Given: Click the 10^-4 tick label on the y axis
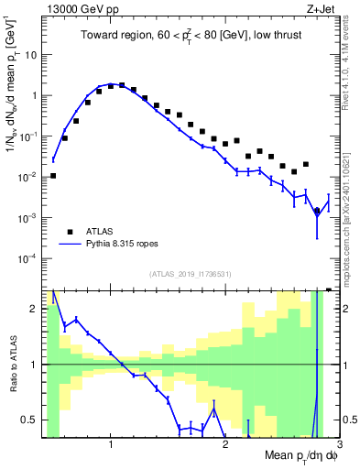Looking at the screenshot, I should (x=27, y=258).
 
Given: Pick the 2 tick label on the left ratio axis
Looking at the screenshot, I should (x=33, y=309).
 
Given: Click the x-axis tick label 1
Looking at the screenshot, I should (x=111, y=445).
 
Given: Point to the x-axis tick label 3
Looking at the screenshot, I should (x=338, y=445).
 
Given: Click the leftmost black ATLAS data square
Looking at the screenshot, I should (x=53, y=176).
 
